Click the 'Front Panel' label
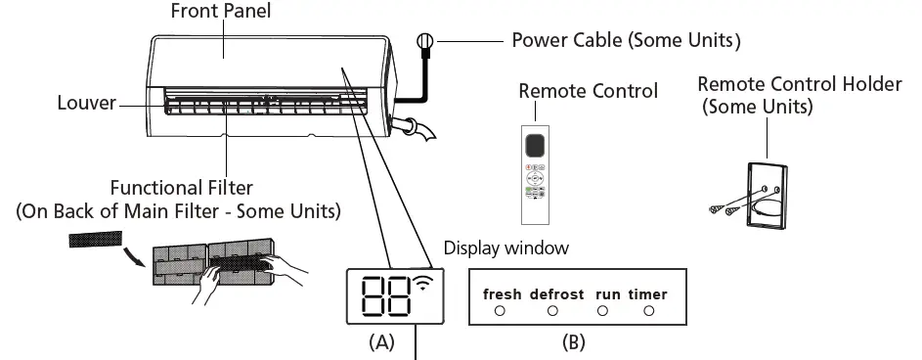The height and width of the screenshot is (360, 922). [x=220, y=13]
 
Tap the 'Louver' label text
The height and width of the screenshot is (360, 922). [x=86, y=103]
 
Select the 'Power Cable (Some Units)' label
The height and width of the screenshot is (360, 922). [x=626, y=41]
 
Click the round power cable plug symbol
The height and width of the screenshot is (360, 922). [x=424, y=41]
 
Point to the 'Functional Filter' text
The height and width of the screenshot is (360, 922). [x=181, y=187]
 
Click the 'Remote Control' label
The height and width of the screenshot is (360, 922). [x=588, y=91]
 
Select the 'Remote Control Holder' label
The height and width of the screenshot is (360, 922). [x=799, y=84]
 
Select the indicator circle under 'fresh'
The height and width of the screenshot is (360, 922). [x=499, y=311]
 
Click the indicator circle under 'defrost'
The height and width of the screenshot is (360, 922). [x=552, y=311]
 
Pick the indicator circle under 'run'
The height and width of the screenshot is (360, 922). [x=602, y=311]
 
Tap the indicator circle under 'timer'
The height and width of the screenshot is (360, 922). [x=647, y=311]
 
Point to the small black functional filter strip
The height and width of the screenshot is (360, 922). [x=96, y=239]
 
